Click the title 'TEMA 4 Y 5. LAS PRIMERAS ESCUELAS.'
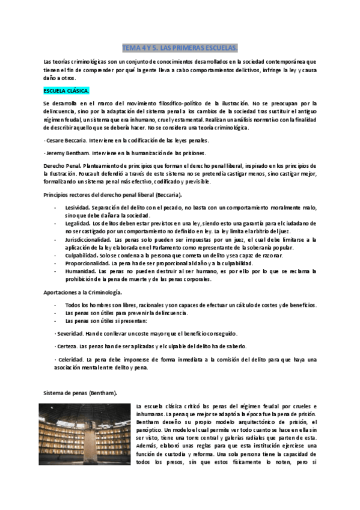click(180, 47)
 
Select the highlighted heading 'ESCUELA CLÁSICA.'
click(66, 91)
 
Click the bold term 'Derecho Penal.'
click(63, 165)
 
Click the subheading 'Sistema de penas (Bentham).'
click(81, 393)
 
